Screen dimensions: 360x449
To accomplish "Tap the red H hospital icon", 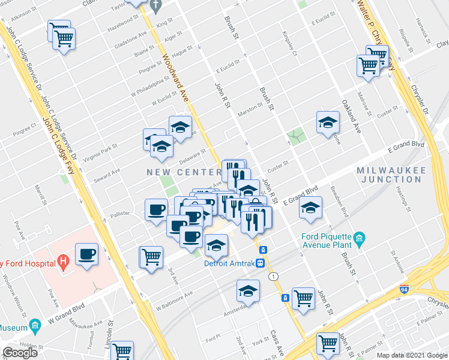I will pos(61,262).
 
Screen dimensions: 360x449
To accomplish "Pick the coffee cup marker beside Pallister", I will pos(156,209).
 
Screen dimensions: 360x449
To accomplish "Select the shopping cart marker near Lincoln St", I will pos(122,350).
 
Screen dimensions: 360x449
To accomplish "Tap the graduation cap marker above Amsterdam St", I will pos(248,290).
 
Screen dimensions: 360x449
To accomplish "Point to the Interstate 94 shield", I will pos(405,289).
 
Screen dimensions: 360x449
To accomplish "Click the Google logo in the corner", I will pos(19,353).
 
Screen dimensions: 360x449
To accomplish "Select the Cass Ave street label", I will pos(277,344).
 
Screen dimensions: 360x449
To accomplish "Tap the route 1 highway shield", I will pos(274,276).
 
